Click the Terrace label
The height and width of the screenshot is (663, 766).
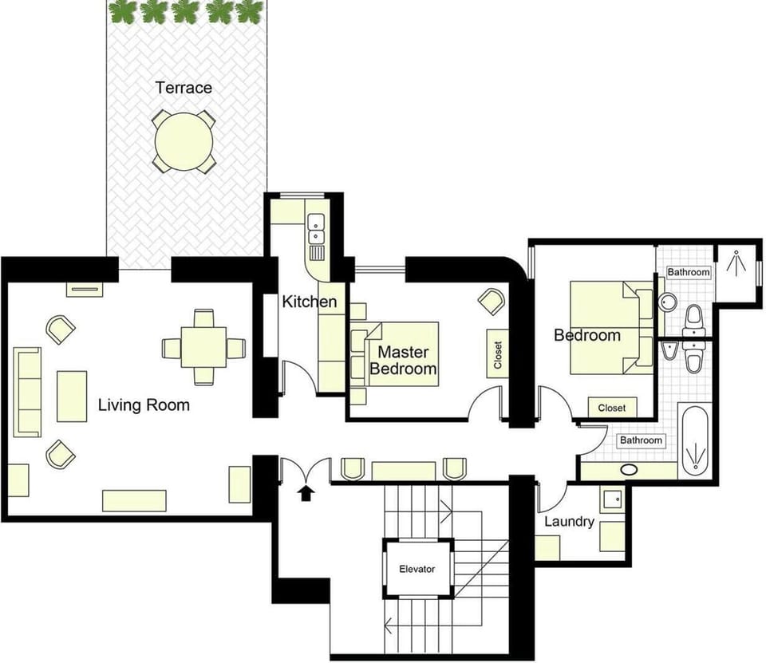pos(184,88)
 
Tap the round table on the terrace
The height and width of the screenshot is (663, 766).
pos(184,142)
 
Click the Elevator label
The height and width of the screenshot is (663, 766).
pos(417,569)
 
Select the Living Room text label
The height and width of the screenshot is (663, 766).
pos(144,405)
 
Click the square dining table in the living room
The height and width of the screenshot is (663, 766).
pos(203,347)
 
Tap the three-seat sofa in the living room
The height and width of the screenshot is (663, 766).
pos(27,392)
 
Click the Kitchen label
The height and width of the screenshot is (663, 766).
pos(310,302)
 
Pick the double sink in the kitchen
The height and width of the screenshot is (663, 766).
pos(317,229)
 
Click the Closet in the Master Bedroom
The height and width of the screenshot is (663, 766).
pos(498,353)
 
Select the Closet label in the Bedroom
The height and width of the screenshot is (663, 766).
pos(612,408)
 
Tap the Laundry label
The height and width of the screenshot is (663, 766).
pos(569,522)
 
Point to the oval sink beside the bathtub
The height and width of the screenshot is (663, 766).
pos(630,470)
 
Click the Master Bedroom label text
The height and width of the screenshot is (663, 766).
pos(403,360)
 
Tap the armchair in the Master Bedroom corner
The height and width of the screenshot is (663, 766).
pos(491,302)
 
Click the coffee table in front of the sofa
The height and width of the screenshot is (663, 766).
pos(72,397)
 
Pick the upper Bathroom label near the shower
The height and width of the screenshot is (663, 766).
pos(689,272)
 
